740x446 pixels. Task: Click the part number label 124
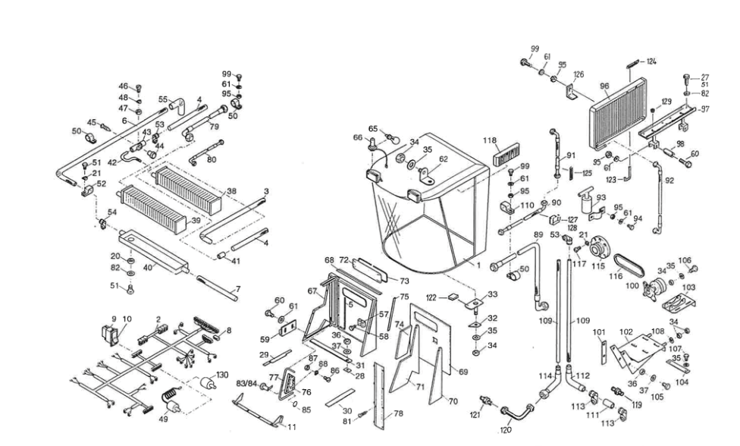(651, 61)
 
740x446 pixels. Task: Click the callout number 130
(222, 375)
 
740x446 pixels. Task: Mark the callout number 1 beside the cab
(478, 266)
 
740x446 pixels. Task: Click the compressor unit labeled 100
(654, 288)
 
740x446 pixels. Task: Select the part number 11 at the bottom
(291, 427)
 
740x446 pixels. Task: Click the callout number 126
(579, 74)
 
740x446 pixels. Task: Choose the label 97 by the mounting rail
(704, 109)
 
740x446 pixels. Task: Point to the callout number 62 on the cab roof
(444, 159)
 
